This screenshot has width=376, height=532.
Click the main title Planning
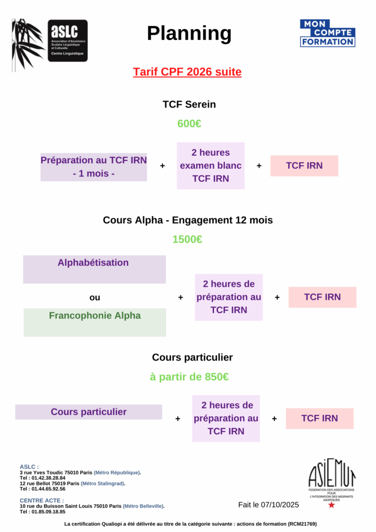(189, 33)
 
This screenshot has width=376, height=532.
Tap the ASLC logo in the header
(68, 41)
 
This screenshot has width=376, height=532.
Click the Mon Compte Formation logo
(327, 33)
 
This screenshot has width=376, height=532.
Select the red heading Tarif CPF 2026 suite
(187, 72)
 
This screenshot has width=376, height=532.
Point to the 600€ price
(189, 124)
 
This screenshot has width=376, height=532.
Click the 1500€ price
(187, 239)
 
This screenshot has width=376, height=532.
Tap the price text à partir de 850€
(189, 377)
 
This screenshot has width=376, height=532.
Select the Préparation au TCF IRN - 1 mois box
(93, 167)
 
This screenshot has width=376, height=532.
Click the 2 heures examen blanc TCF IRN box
(210, 166)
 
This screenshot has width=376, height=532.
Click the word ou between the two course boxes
(95, 298)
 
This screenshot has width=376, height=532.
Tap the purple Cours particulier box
(88, 412)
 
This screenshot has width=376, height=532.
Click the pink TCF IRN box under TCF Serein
(304, 166)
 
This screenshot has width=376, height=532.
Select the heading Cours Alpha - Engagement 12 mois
(187, 220)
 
